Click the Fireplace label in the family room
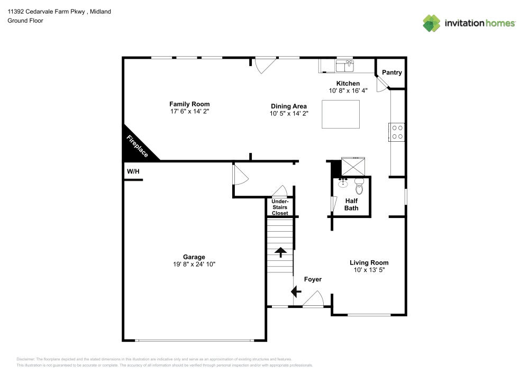pos(138,145)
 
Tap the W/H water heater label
pos(132,171)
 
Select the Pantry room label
pos(391,72)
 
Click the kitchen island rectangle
pos(341,114)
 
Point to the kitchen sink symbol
pos(345,66)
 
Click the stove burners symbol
pos(397,132)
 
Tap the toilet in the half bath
pos(360,186)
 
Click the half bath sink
pos(342,184)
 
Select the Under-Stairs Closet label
pos(280,207)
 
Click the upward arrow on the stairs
pos(280,252)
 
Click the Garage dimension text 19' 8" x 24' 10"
pos(195,264)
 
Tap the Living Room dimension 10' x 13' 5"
pos(369,270)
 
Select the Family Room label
pos(189,104)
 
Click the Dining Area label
pos(288,106)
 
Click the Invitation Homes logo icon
pos(432,23)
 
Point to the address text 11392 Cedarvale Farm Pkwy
pos(42,11)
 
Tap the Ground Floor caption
pos(25,21)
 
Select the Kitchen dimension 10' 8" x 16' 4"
pos(348,91)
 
